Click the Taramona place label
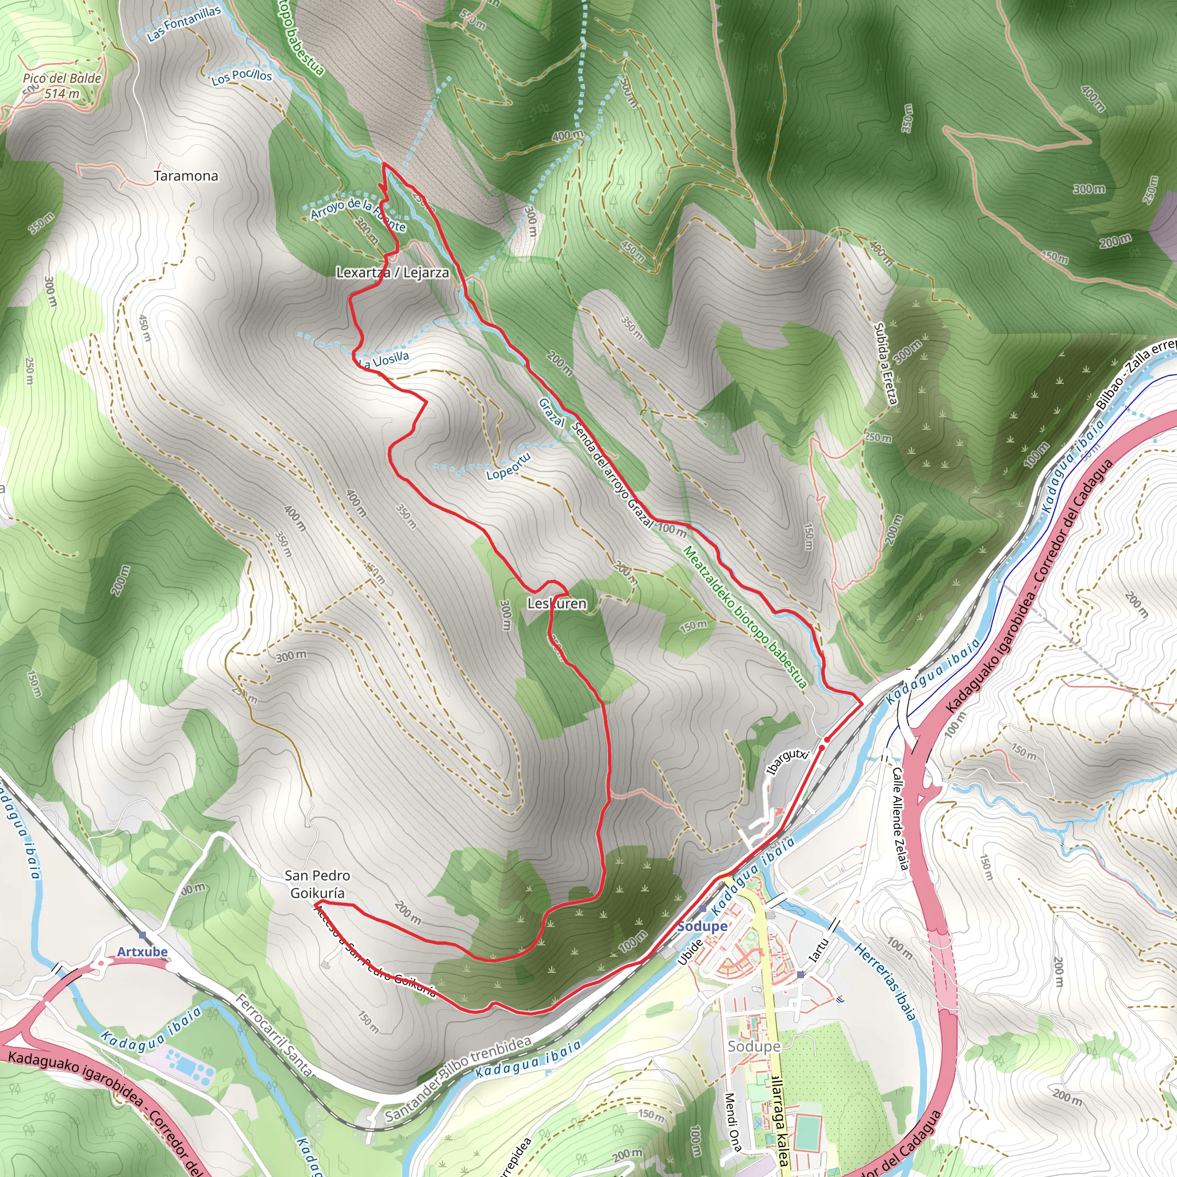pos(186,176)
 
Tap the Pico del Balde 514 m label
pos(61,86)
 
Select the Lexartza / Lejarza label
pos(393,272)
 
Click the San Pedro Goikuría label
pos(317,884)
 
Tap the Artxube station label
pos(142,952)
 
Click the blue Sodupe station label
pos(702,926)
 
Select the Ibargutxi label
pos(787,761)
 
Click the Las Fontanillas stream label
pos(184,24)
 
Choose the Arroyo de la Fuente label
pos(358,214)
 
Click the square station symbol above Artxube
pos(142,934)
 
